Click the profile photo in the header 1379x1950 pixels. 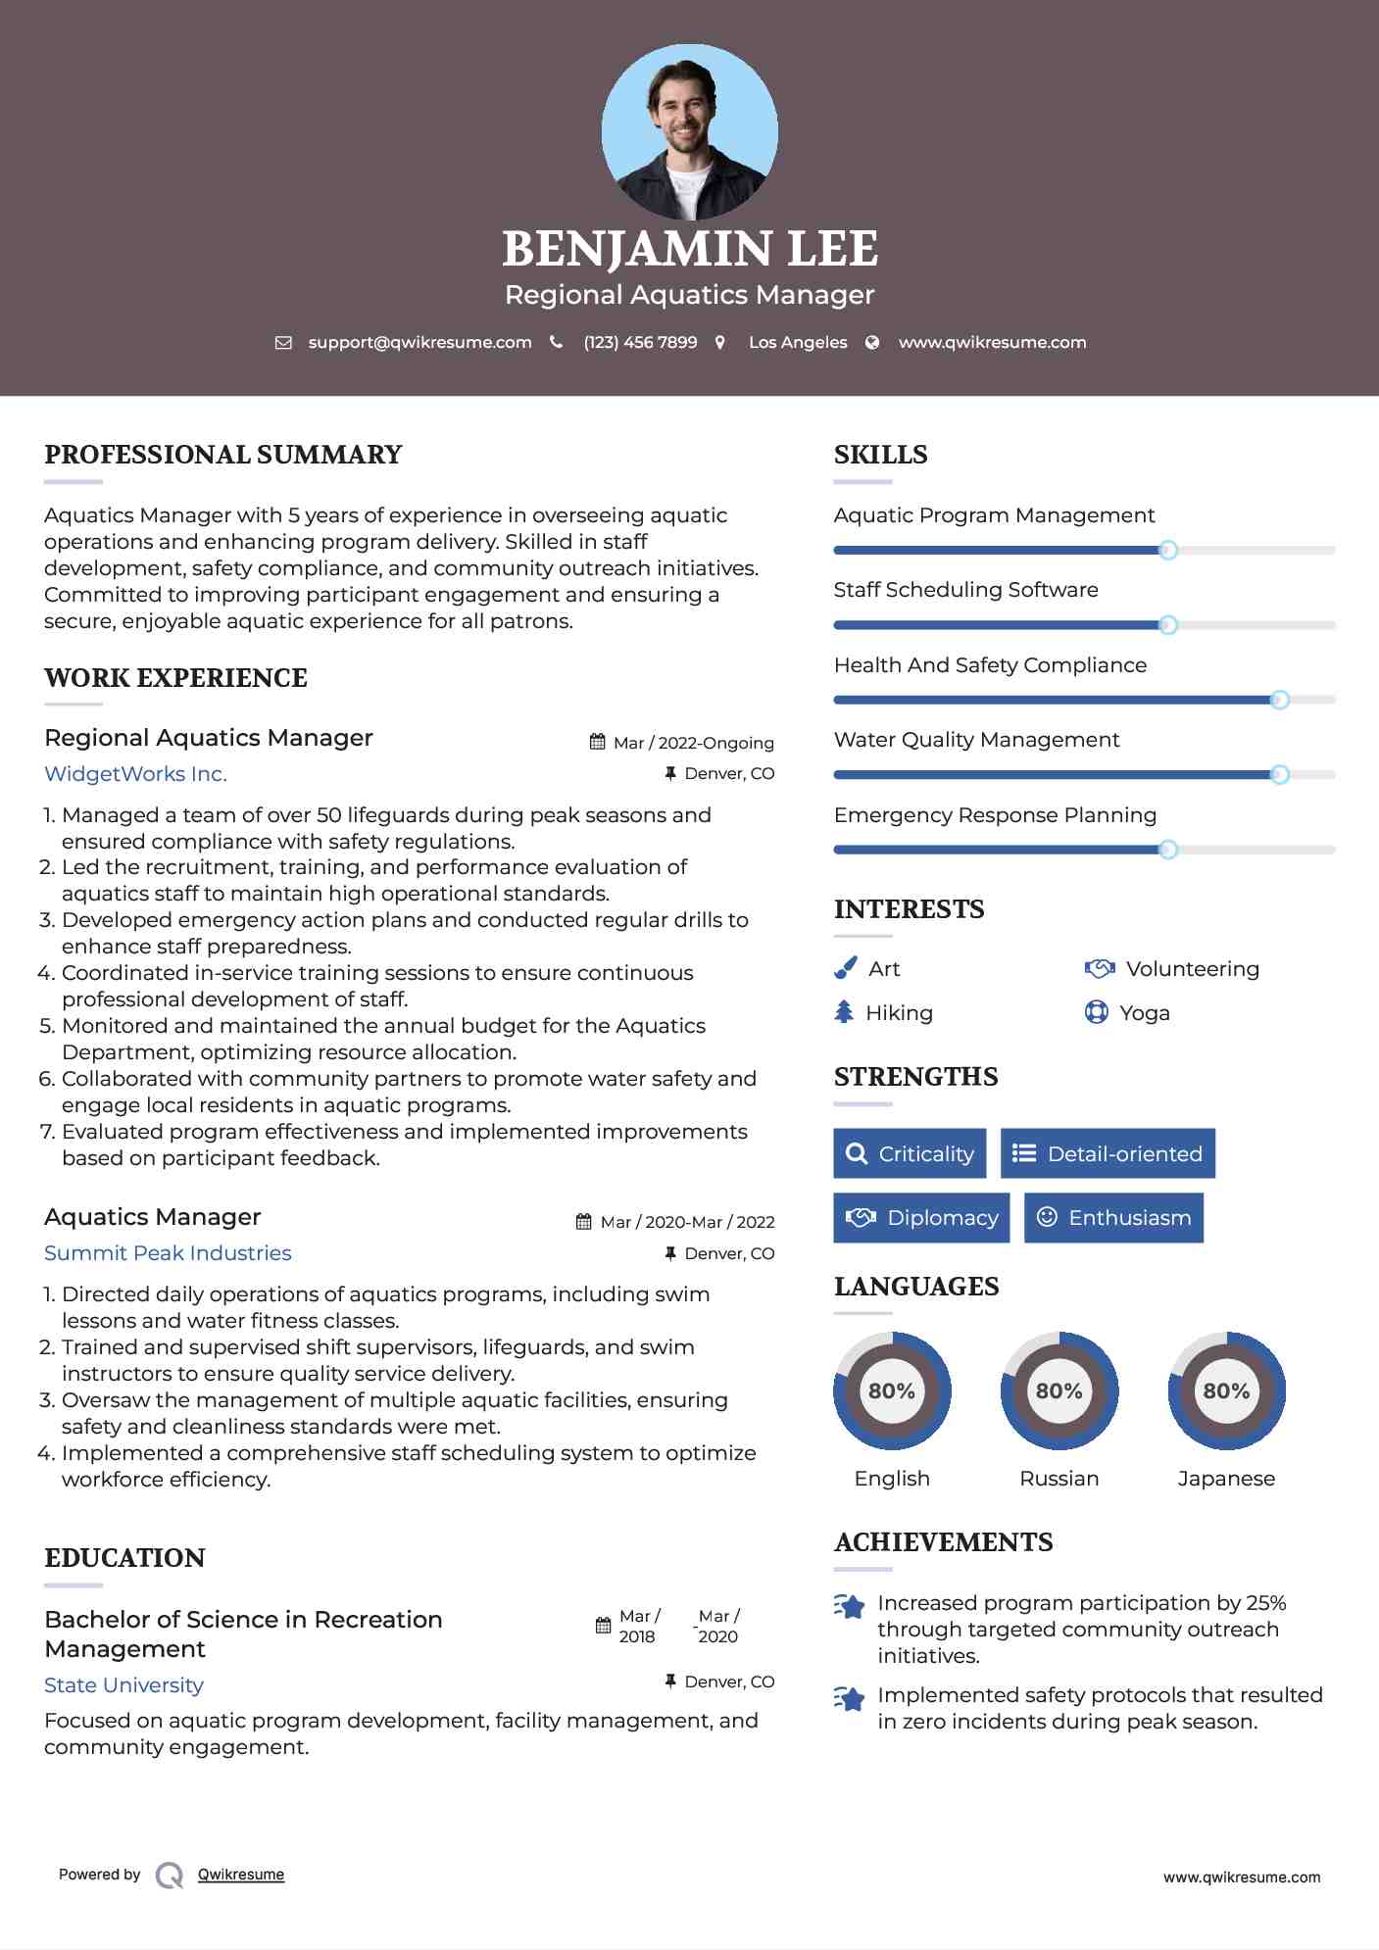[689, 132]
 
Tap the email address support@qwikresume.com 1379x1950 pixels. [419, 342]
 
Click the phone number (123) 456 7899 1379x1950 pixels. [640, 342]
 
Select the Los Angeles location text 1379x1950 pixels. [798, 342]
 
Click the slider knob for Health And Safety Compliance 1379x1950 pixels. [1279, 700]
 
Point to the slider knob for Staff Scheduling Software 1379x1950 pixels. [1168, 625]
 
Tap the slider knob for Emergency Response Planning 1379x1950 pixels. [1168, 850]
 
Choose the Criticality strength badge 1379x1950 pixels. [910, 1153]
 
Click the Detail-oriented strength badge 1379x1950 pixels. [1108, 1153]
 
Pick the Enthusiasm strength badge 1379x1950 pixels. [1113, 1218]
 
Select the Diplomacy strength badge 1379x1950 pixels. [921, 1218]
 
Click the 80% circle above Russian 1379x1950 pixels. [1059, 1390]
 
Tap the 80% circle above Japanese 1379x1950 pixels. [1226, 1390]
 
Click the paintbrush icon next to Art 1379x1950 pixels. [845, 968]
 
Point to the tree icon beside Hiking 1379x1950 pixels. [844, 1012]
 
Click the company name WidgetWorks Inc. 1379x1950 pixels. [135, 774]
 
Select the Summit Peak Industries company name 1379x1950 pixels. [168, 1253]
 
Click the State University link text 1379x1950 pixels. [123, 1685]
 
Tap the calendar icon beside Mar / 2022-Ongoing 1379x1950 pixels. [597, 742]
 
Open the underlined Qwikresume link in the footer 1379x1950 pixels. [241, 1875]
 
